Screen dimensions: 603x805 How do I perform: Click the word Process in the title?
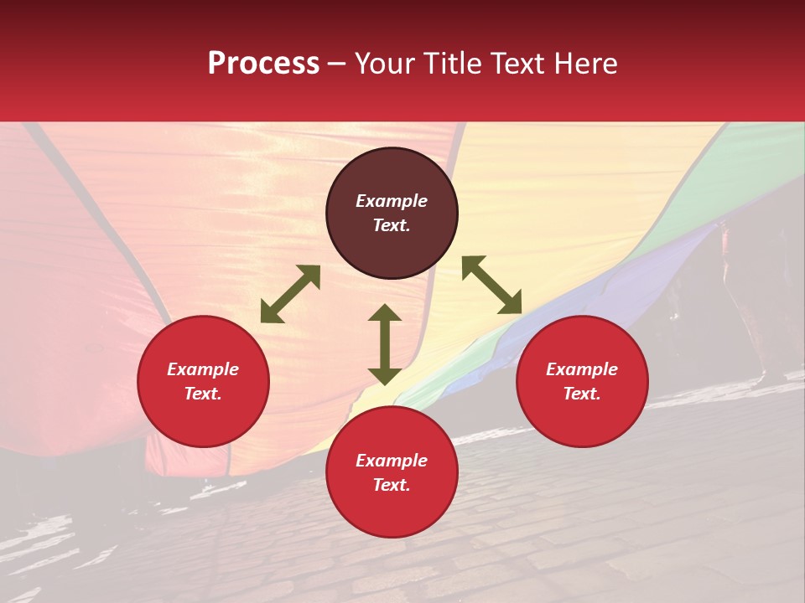point(263,64)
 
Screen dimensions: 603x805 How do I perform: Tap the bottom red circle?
point(392,511)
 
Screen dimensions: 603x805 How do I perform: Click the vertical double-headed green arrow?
point(385,344)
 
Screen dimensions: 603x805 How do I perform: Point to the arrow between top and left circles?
point(290,294)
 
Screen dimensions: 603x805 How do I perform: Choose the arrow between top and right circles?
point(491,285)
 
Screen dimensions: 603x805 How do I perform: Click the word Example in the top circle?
point(392,201)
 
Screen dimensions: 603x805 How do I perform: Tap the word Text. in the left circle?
point(203,394)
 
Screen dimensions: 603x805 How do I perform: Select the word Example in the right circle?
point(582,369)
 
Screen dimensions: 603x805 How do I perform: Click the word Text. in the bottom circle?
point(392,485)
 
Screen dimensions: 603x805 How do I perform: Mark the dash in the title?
point(337,64)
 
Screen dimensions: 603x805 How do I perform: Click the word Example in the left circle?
point(203,369)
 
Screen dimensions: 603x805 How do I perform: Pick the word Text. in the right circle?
point(582,394)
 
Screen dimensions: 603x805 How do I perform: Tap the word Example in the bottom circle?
point(392,461)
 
